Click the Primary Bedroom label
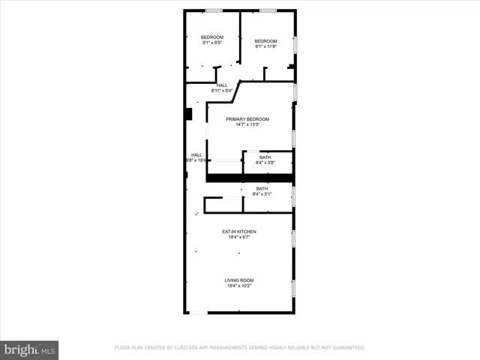(247, 119)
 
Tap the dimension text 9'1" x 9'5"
(211, 43)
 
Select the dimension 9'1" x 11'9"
(265, 46)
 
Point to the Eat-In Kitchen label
(238, 232)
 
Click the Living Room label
(238, 280)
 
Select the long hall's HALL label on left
(196, 155)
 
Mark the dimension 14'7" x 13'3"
(247, 124)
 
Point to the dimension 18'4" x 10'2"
(238, 286)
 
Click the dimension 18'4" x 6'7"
(238, 237)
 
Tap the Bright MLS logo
(29, 349)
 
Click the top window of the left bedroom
(214, 10)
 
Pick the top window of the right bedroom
(268, 10)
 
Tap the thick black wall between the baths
(249, 178)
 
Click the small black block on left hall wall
(189, 113)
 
